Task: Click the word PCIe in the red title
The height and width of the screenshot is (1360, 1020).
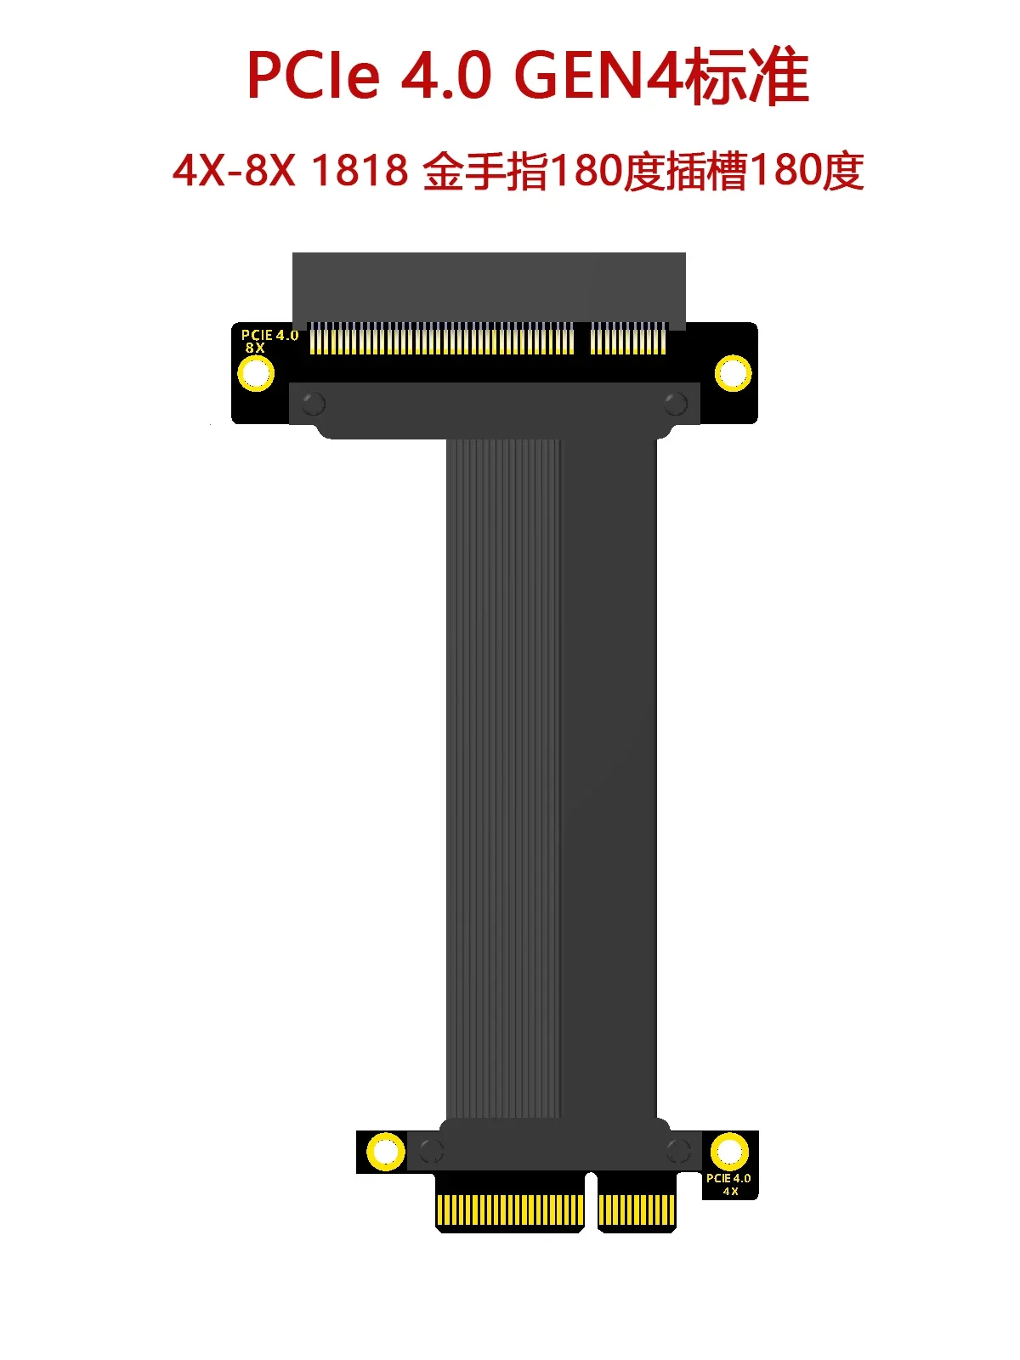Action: [x=313, y=76]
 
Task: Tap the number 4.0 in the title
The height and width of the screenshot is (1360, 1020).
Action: [x=446, y=76]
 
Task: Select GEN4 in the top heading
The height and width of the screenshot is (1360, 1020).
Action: [x=598, y=76]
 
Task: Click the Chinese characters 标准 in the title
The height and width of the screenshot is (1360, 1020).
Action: [x=746, y=76]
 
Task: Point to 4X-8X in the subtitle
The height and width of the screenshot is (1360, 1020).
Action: [x=234, y=170]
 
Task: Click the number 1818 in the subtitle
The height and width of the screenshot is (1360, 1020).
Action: [x=360, y=170]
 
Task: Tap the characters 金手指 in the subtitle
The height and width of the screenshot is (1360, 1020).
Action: [x=485, y=171]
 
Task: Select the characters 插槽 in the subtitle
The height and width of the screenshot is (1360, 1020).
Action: [x=706, y=171]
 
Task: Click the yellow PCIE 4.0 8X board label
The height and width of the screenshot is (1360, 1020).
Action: [x=269, y=341]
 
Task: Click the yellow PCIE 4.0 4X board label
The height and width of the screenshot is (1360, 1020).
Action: [x=728, y=1184]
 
